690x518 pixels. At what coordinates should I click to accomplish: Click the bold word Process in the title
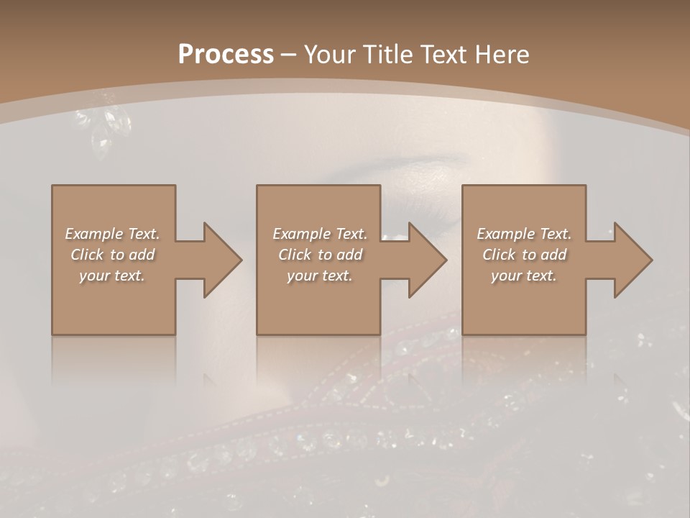226,55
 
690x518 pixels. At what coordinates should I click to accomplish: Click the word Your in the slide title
328,55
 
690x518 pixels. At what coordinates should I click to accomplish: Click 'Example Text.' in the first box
112,234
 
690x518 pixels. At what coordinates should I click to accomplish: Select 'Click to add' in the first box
112,255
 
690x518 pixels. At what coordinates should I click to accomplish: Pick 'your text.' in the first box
112,276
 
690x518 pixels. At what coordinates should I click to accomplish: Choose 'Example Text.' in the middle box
319,234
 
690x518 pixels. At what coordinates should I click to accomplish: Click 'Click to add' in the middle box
319,255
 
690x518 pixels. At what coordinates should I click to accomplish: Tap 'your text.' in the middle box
319,276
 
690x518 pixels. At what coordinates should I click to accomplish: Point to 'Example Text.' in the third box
524,234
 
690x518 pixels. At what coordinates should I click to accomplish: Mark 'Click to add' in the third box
524,255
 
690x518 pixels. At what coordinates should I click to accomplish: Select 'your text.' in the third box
524,276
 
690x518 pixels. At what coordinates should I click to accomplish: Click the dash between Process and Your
289,55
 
